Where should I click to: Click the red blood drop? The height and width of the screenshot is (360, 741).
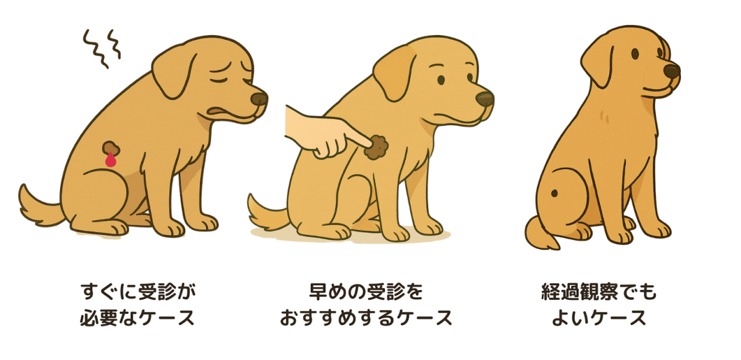click(111, 160)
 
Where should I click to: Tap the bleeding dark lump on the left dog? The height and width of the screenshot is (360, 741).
click(111, 148)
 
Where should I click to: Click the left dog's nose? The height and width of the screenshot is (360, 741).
click(259, 98)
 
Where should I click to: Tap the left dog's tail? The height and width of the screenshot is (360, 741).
click(40, 207)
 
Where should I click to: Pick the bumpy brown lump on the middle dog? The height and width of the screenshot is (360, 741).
click(376, 147)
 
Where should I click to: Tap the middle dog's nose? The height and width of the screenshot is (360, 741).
click(485, 98)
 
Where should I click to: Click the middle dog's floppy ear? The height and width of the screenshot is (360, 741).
click(395, 73)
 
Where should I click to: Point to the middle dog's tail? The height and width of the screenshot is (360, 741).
click(267, 214)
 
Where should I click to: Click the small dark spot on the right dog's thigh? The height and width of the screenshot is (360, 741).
click(555, 193)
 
